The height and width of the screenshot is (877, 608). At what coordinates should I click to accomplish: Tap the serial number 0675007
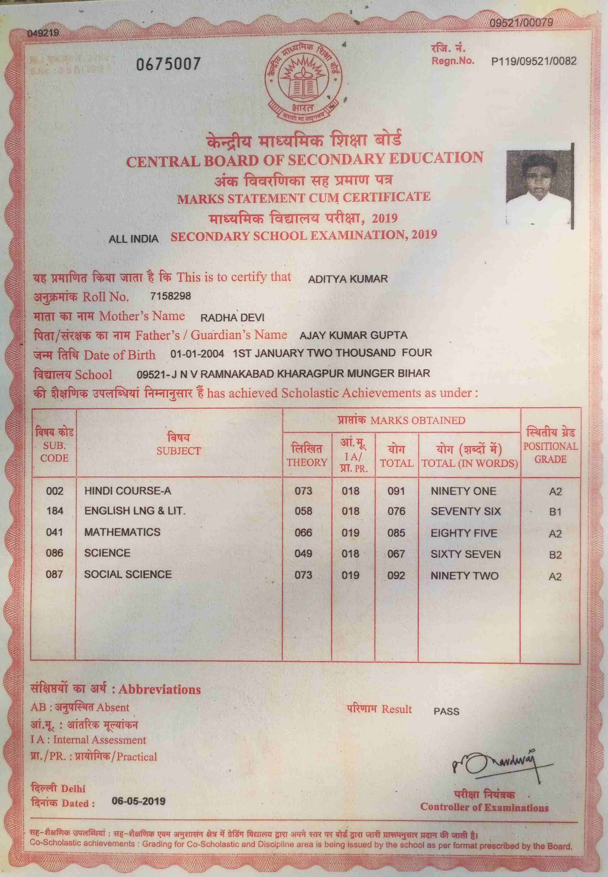tap(168, 64)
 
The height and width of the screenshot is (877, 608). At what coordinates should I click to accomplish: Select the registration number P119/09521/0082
tap(534, 61)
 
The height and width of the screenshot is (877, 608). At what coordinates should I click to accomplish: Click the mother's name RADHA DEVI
tap(232, 317)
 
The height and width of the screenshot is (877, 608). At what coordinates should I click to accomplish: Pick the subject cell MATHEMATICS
tap(122, 532)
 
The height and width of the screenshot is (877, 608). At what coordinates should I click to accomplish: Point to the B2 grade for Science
tap(555, 555)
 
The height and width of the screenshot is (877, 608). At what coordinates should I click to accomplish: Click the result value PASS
tap(446, 711)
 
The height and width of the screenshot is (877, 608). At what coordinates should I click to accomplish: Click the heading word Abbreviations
tap(160, 689)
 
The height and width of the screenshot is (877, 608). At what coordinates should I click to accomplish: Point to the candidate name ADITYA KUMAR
tap(348, 279)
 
